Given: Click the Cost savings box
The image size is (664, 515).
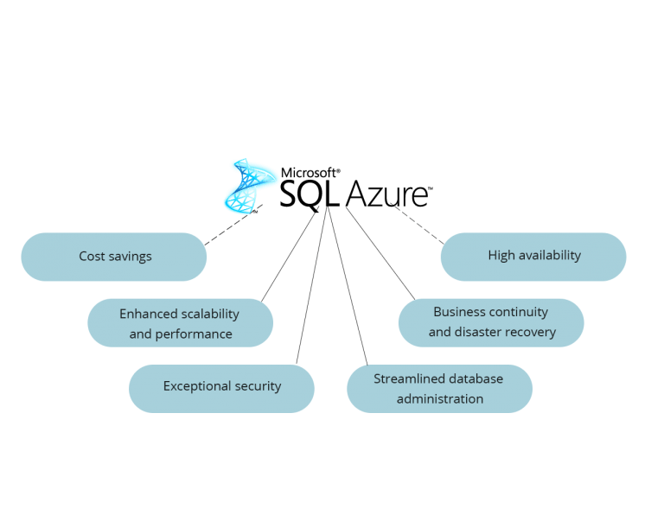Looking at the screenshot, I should tap(114, 257).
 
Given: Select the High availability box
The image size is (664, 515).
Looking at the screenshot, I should tap(533, 256).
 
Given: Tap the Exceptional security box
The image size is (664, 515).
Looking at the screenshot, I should tap(221, 387).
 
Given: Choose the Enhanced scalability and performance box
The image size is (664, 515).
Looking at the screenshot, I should tap(180, 323).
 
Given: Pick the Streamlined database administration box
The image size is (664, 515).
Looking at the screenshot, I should tap(439, 389).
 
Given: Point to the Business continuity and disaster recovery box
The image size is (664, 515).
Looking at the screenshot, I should tap(491, 323).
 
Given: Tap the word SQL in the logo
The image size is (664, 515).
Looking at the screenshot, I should tap(310, 194).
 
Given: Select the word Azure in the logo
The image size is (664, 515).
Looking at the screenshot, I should tap(386, 194).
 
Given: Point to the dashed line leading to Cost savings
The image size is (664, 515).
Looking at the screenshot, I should tap(229, 229).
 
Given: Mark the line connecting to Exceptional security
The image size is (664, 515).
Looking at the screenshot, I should tap(310, 285).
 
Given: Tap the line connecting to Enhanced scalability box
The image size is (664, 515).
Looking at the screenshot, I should tap(288, 257).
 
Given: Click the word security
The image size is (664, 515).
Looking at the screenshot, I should tap(258, 386).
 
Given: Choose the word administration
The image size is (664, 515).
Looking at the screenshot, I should tap(439, 399).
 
